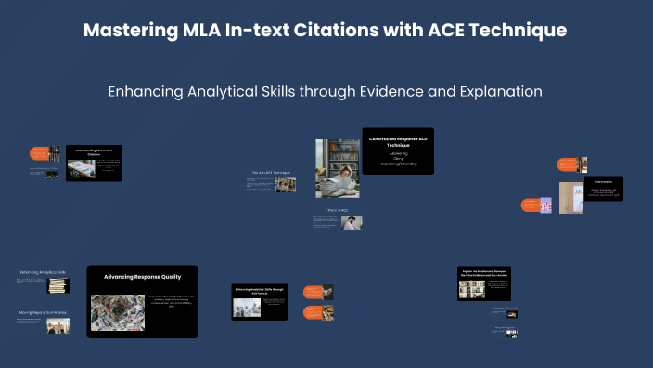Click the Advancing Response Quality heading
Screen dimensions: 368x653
[x=142, y=277]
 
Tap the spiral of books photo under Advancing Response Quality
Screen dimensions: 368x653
[x=117, y=312]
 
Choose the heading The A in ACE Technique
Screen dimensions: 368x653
[x=271, y=173]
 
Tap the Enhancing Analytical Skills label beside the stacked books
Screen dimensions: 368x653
[x=43, y=272]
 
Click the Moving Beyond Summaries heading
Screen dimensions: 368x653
[x=43, y=312]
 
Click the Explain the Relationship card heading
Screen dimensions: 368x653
[x=484, y=273]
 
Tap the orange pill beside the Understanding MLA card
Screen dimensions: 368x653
[x=39, y=152]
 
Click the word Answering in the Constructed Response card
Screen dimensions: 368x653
[x=397, y=152]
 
